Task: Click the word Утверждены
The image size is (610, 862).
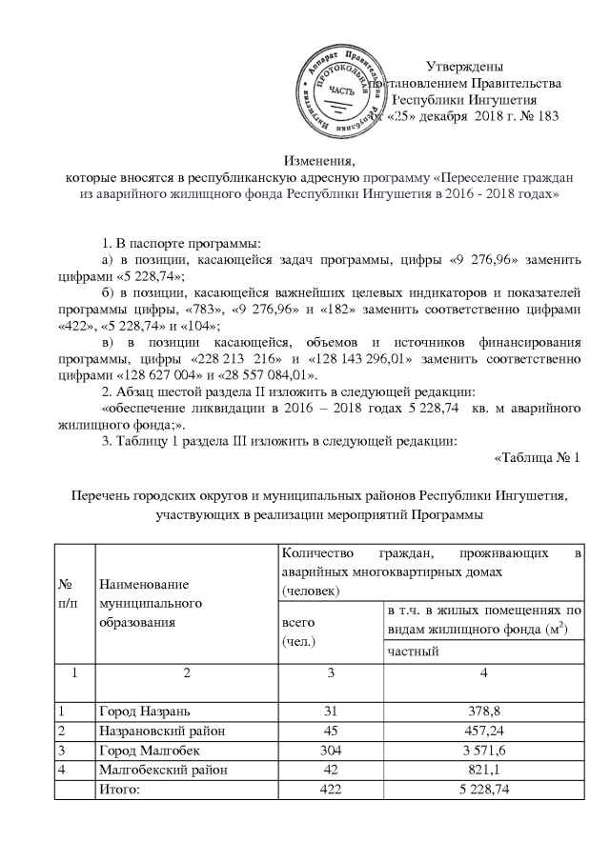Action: (x=463, y=66)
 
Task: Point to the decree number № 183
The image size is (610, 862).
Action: (x=541, y=116)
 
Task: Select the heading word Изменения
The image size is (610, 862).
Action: (x=311, y=161)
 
